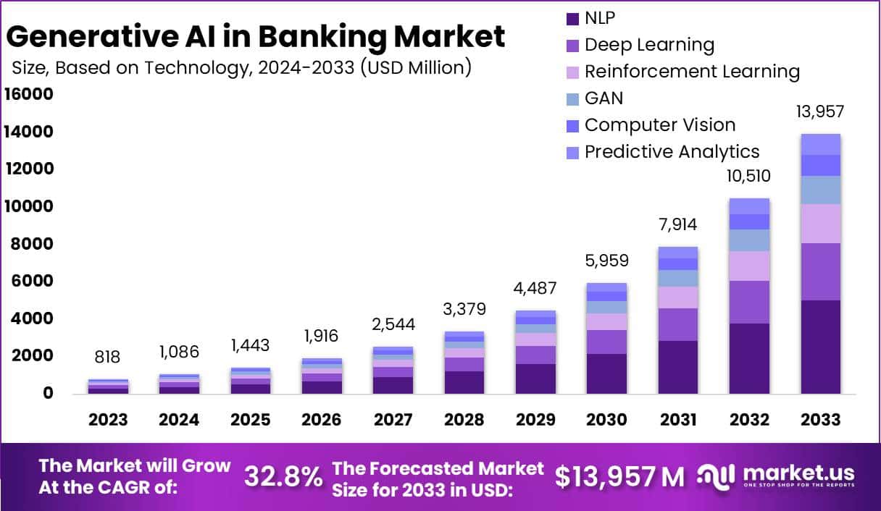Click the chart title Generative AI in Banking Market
[x=256, y=36]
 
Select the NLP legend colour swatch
[x=572, y=18]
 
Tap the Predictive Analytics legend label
[x=672, y=151]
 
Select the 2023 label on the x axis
[x=109, y=421]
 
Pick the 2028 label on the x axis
[x=464, y=421]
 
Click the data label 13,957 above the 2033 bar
[x=820, y=112]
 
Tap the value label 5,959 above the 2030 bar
[x=606, y=261]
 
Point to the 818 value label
[x=109, y=357]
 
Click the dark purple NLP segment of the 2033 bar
[x=820, y=347]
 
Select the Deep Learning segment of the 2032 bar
[x=749, y=302]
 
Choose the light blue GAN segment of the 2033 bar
[x=820, y=190]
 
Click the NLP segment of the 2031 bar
[x=677, y=367]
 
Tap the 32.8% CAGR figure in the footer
[x=283, y=476]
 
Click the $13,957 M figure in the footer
[x=619, y=476]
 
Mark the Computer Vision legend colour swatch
[x=572, y=125]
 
